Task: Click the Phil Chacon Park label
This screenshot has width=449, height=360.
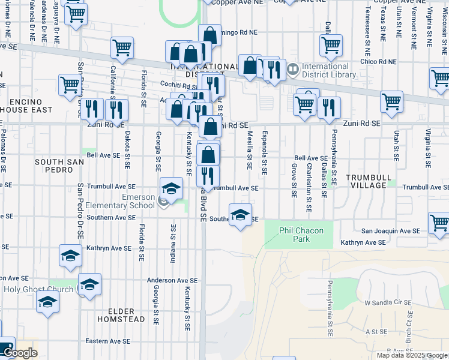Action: tap(302, 235)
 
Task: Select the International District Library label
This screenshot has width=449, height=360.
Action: tap(325, 70)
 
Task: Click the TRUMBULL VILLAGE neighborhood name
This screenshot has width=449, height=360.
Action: tap(369, 181)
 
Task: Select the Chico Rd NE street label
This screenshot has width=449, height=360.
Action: tap(378, 62)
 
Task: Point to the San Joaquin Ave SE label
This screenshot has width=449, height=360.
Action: tap(390, 230)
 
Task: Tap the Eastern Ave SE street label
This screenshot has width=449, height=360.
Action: tap(107, 341)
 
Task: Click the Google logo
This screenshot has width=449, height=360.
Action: tap(20, 353)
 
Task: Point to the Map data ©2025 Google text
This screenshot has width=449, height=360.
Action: tap(412, 355)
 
